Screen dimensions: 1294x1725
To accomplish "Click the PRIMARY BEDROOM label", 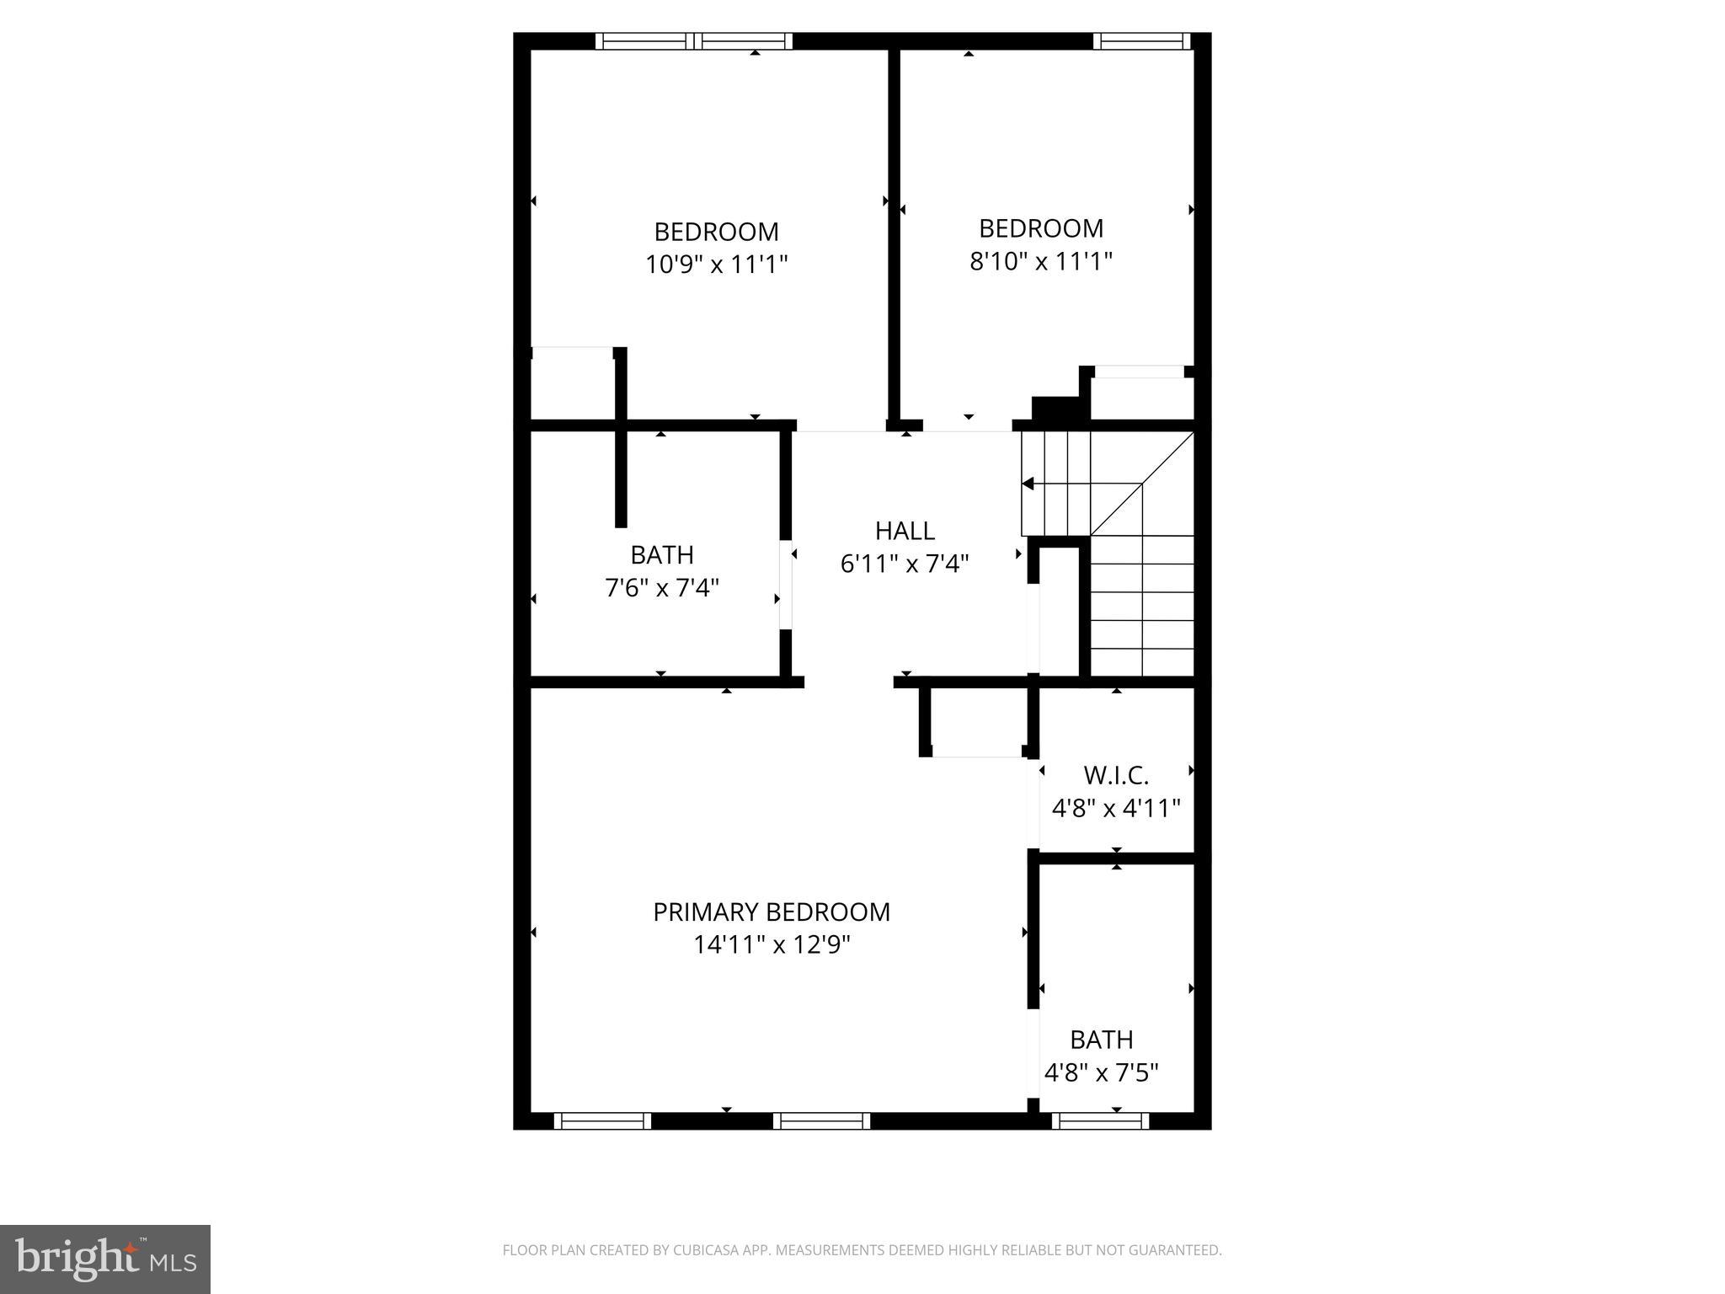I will pyautogui.click(x=772, y=912).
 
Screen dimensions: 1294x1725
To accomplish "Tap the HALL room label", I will pyautogui.click(x=905, y=531).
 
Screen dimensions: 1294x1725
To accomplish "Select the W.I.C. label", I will pyautogui.click(x=1116, y=775).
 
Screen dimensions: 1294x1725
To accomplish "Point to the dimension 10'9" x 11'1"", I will pyautogui.click(x=716, y=265).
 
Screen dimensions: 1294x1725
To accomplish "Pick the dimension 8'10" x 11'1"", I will pyautogui.click(x=1041, y=261).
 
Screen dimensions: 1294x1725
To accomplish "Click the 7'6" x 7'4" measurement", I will pyautogui.click(x=662, y=587).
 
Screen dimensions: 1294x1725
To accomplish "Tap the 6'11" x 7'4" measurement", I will pyautogui.click(x=905, y=564).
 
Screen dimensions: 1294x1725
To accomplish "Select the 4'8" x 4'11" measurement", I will pyautogui.click(x=1116, y=809).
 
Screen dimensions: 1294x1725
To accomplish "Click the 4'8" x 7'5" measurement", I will pyautogui.click(x=1102, y=1073).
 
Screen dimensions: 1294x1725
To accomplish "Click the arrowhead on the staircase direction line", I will pyautogui.click(x=1028, y=484).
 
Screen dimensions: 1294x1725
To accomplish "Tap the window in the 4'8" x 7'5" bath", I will pyautogui.click(x=1100, y=1120).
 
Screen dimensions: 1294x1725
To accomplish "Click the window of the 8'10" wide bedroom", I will pyautogui.click(x=1141, y=40).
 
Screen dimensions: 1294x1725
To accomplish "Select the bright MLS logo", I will pyautogui.click(x=105, y=1259).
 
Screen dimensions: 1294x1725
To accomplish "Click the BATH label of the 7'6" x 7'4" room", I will pyautogui.click(x=662, y=555).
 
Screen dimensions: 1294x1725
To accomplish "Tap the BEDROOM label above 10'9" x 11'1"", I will pyautogui.click(x=716, y=232).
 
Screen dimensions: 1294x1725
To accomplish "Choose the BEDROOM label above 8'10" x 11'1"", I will pyautogui.click(x=1041, y=228).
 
